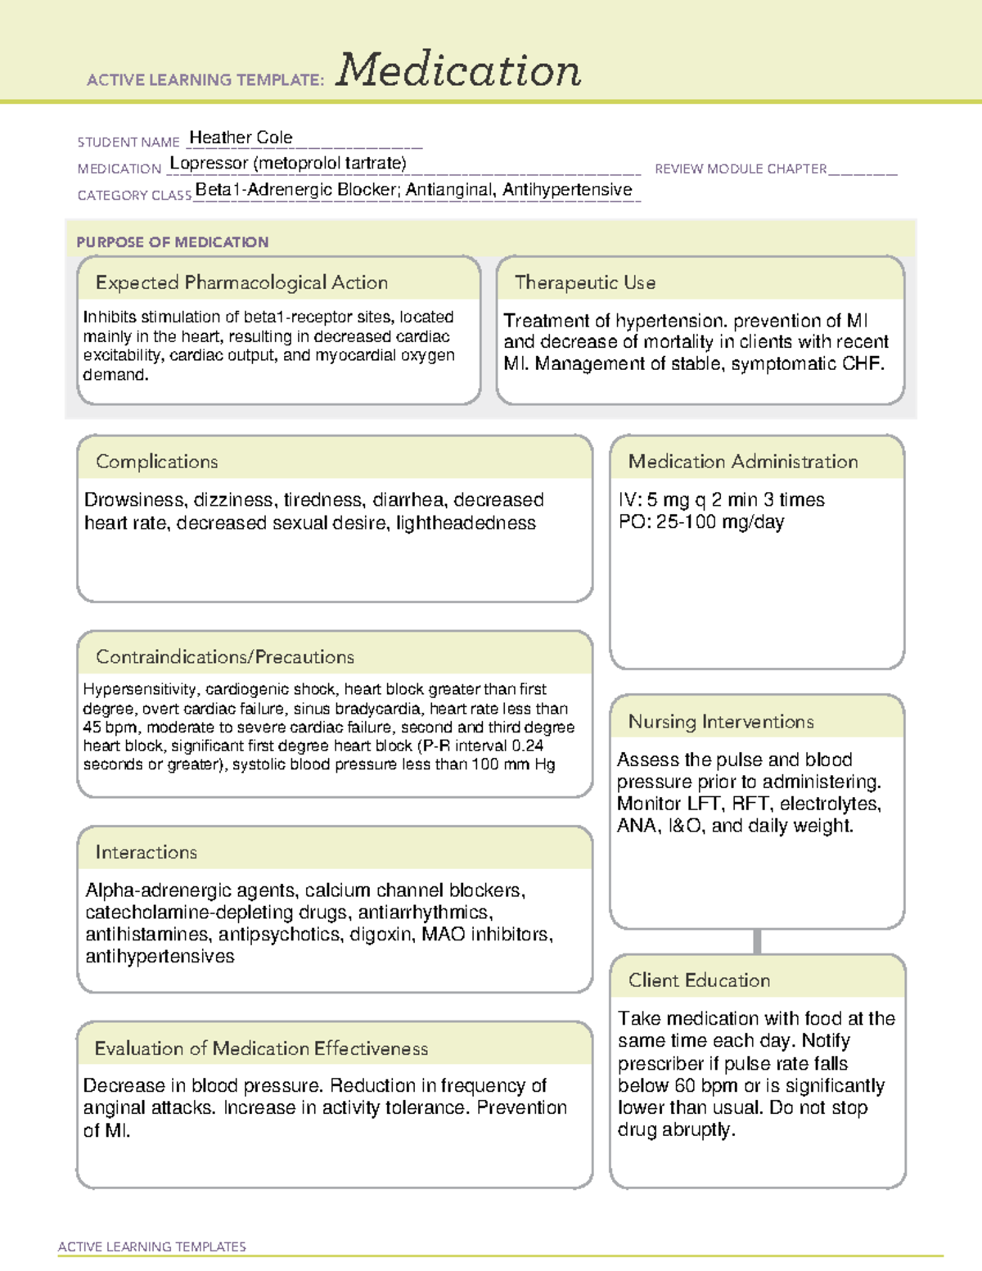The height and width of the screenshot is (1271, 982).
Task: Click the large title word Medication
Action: [458, 70]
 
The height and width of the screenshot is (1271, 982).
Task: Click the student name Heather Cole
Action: [241, 137]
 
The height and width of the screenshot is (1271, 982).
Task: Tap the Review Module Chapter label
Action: [741, 169]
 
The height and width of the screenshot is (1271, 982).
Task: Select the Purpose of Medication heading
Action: [172, 242]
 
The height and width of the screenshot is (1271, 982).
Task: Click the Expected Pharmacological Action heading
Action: [241, 282]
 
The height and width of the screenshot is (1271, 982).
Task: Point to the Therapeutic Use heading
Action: [584, 282]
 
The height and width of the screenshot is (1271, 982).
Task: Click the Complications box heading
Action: [156, 462]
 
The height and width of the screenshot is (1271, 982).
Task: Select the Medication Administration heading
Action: [742, 462]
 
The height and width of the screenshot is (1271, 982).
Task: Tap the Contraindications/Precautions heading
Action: [224, 656]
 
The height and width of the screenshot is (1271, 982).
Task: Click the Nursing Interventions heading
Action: [720, 721]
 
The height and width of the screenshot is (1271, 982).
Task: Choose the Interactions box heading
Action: [146, 852]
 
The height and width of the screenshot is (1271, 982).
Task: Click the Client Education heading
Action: [699, 980]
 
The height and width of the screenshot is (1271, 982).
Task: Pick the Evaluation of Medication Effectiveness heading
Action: [261, 1048]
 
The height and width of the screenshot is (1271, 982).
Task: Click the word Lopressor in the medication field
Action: [209, 163]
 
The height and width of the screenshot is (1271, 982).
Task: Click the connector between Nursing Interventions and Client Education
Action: [757, 941]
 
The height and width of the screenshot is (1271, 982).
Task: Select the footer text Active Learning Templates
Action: [151, 1246]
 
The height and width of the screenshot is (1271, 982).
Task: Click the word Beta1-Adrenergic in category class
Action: [255, 190]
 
